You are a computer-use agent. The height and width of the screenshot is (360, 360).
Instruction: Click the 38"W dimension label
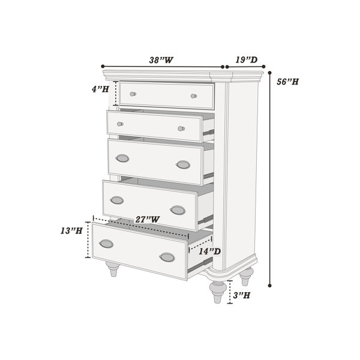tap(161, 60)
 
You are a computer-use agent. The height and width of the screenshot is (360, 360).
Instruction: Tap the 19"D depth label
tap(247, 60)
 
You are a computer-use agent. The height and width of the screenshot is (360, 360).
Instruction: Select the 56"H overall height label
tap(287, 82)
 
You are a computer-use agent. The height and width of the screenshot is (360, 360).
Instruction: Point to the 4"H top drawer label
tap(100, 89)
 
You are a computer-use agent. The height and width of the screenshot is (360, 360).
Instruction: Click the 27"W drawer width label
tap(147, 220)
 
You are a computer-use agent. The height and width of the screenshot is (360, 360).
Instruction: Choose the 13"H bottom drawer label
tap(71, 231)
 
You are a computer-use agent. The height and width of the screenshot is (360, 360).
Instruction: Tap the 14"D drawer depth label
tap(209, 251)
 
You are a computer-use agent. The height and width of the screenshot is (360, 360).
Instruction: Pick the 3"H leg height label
tap(242, 295)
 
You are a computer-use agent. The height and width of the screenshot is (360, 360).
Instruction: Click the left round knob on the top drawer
tap(133, 94)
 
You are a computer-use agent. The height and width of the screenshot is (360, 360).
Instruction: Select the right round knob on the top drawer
tap(194, 96)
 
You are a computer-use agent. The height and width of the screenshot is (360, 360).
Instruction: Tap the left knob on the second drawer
tap(120, 124)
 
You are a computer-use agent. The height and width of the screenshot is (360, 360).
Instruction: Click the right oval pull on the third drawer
tap(183, 164)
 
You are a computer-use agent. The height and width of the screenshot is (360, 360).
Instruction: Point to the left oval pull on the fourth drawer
tap(117, 200)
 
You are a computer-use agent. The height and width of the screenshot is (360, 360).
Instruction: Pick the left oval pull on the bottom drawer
tap(106, 244)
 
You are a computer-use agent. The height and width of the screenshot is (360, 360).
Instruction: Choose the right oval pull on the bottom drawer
tap(167, 257)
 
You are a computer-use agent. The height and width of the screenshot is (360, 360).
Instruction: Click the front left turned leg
tap(113, 269)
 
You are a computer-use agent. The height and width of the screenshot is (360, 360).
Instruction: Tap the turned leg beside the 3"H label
tap(218, 292)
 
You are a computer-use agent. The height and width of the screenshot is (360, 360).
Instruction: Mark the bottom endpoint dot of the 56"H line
tap(270, 286)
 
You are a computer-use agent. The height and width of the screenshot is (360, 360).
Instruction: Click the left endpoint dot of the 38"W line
tap(103, 67)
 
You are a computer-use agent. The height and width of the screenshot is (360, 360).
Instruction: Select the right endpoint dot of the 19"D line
tap(263, 67)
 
